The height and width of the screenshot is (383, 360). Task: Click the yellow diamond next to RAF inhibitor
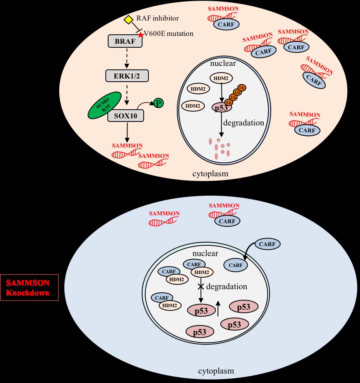point(128,19)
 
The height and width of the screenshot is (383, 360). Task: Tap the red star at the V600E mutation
point(140,35)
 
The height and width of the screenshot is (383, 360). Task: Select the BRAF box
point(125,41)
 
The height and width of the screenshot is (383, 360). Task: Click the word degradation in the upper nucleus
point(244,123)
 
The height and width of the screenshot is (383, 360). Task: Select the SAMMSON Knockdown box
point(30,288)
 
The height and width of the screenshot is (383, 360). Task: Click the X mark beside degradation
point(201,287)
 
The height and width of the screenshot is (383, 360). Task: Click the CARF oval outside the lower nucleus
point(267,245)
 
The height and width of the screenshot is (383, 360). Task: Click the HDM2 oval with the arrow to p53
point(221,79)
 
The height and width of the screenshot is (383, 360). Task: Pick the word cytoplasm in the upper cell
point(210,174)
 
